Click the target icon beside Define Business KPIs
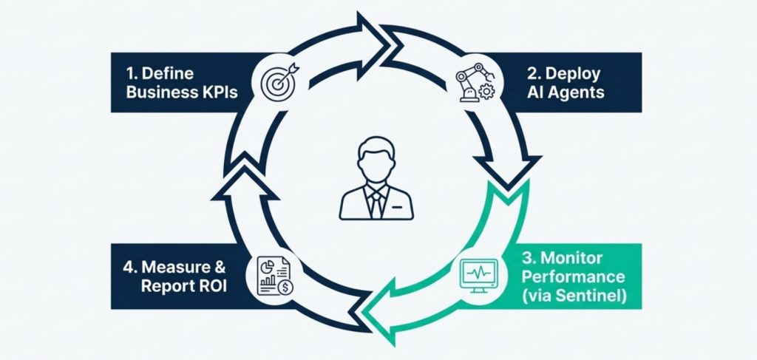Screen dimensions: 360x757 click(277, 80)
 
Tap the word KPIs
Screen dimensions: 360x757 click(218, 93)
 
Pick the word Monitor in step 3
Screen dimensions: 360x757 click(569, 259)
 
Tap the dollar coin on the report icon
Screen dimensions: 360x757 click(284, 286)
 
